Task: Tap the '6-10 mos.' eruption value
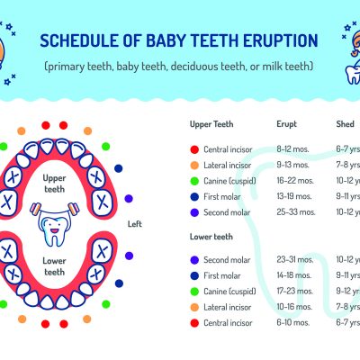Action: (293, 322)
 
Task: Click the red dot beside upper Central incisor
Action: (194, 148)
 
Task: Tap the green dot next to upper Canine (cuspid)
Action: (194, 180)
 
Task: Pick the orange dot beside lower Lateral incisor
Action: (194, 307)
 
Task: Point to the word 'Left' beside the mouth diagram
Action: (134, 224)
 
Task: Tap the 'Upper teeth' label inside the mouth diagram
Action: (54, 184)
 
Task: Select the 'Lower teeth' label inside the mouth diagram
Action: (54, 265)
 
